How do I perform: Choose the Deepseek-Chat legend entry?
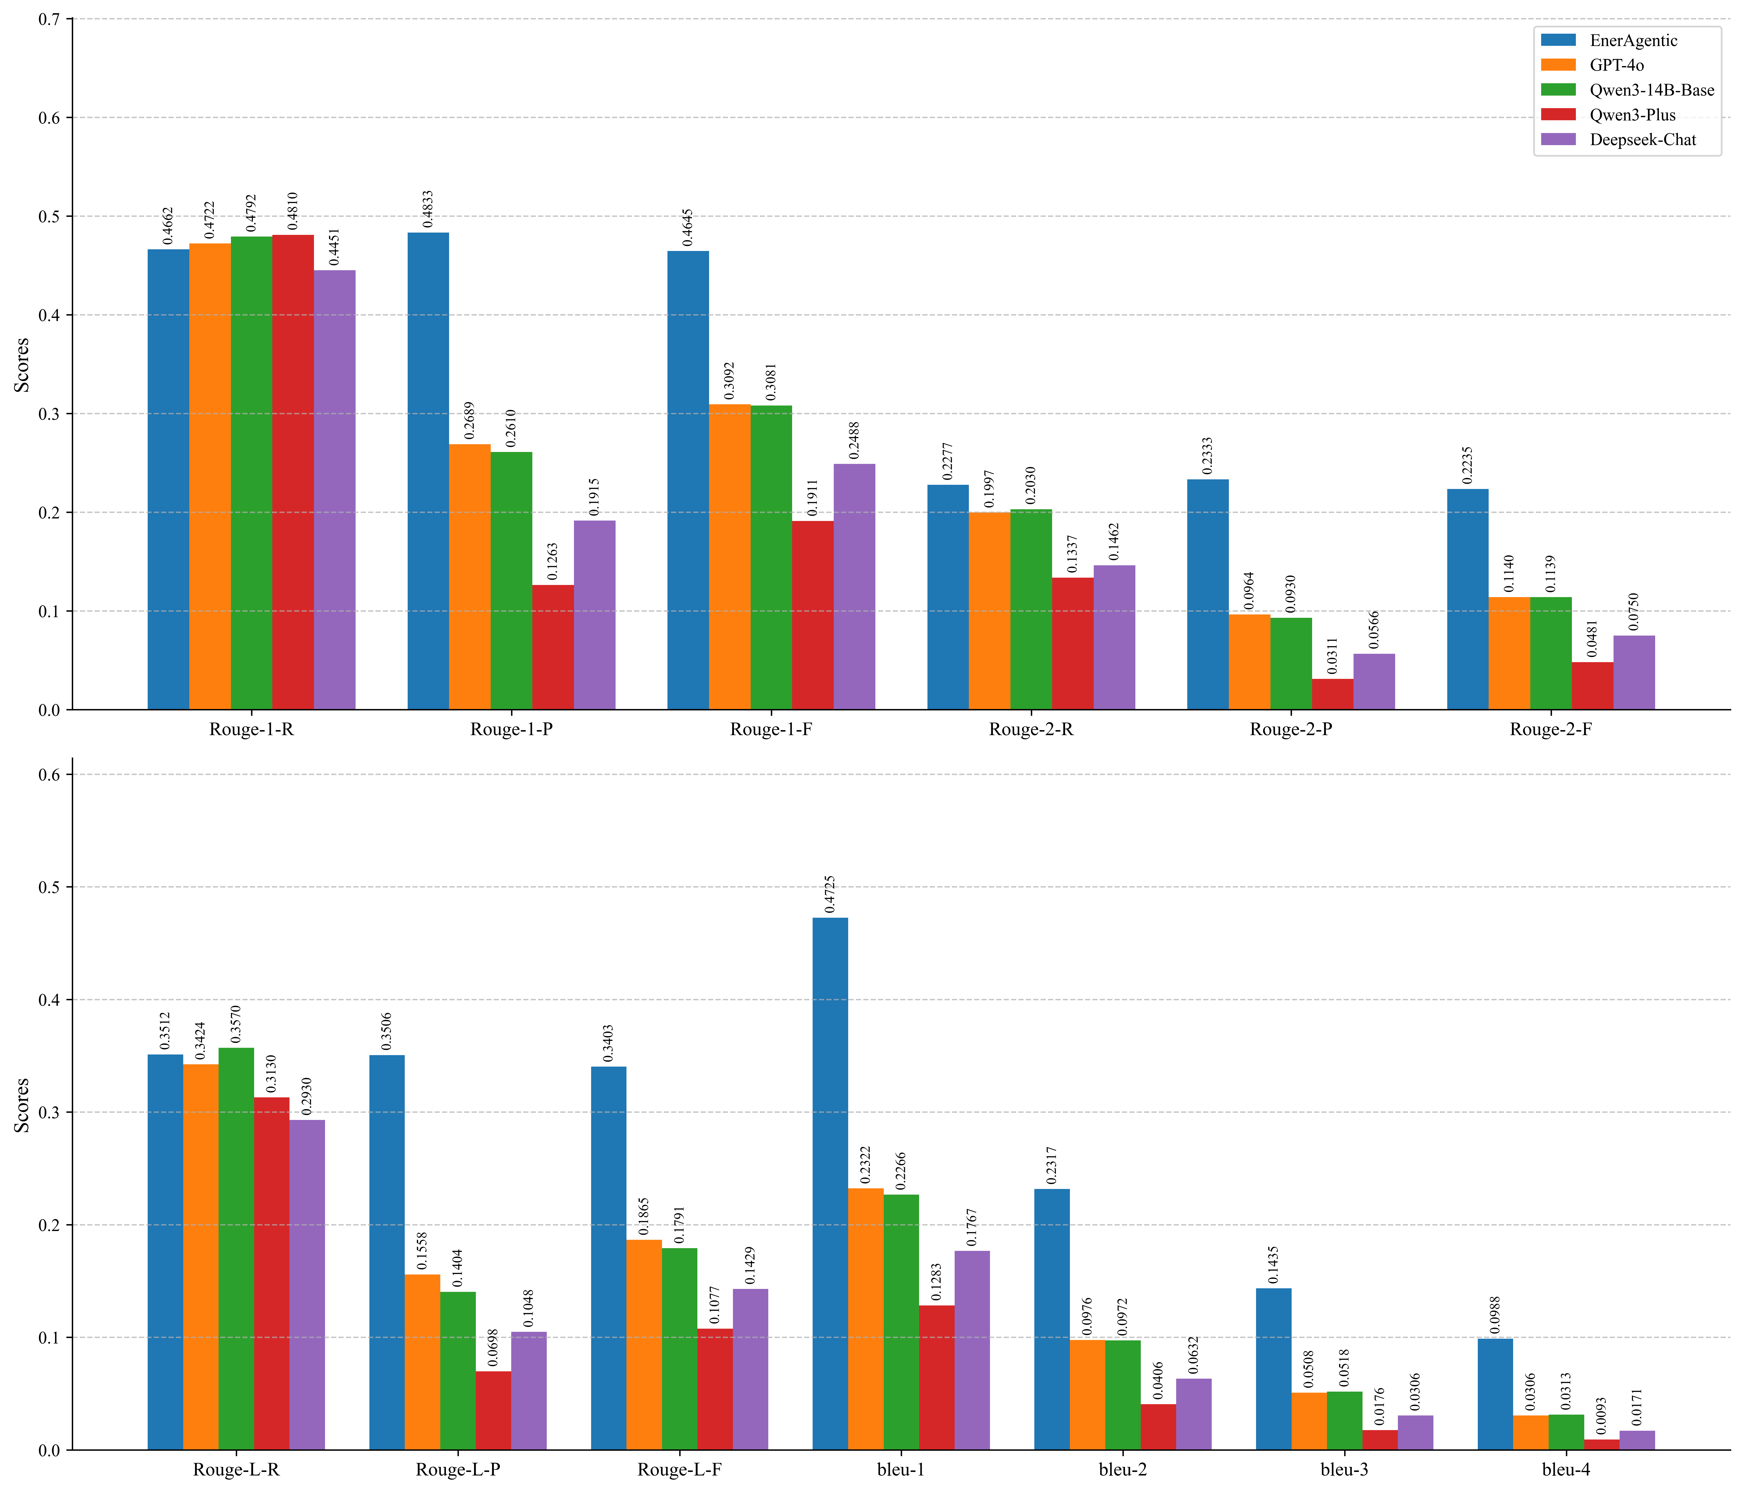pos(1642,140)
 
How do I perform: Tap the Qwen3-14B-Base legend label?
pos(1651,90)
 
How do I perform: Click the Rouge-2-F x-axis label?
pos(1550,729)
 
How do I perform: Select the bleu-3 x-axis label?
pos(1344,1469)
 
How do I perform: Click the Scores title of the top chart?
pos(22,364)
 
